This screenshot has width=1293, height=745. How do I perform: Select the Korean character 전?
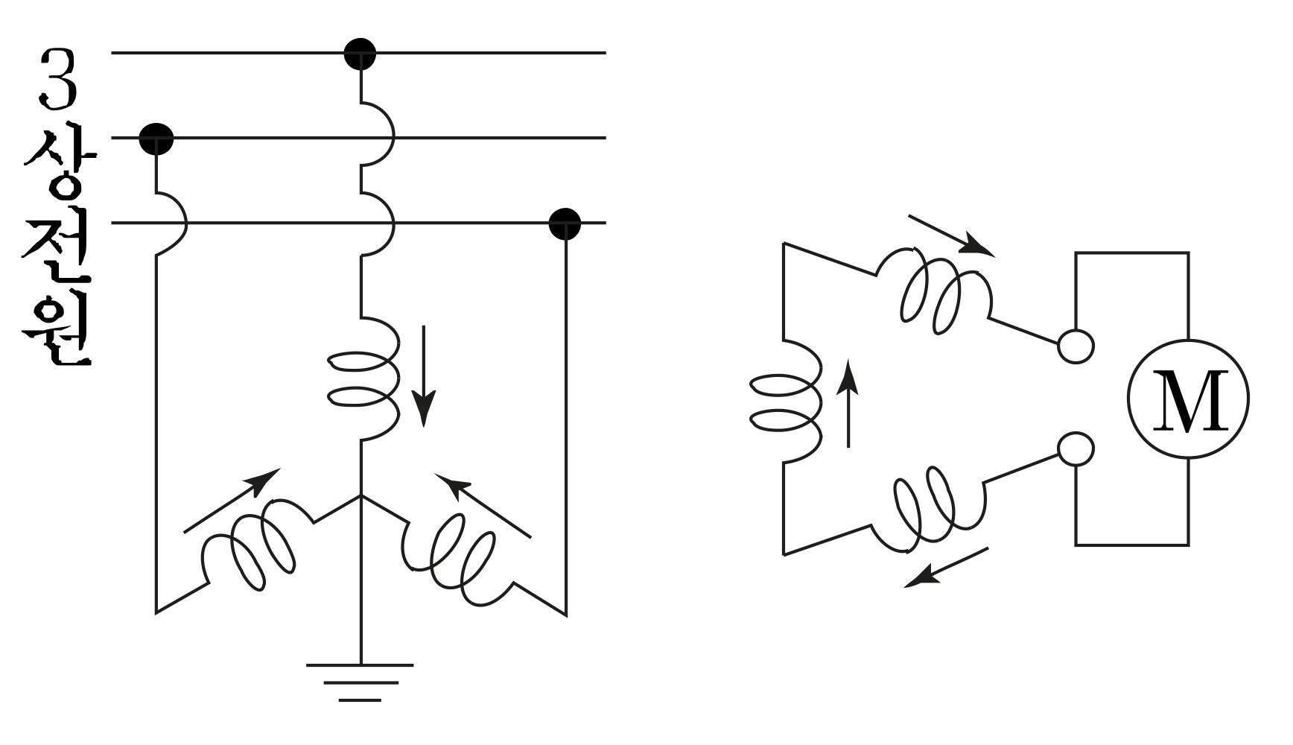pyautogui.click(x=58, y=246)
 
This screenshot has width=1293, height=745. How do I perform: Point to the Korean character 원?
pyautogui.click(x=58, y=329)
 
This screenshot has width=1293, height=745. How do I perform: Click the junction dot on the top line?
pyautogui.click(x=360, y=54)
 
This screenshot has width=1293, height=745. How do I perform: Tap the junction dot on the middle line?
pyautogui.click(x=156, y=139)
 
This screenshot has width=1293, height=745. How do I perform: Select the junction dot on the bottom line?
pyautogui.click(x=565, y=223)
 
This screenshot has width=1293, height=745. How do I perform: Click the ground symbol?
pyautogui.click(x=360, y=682)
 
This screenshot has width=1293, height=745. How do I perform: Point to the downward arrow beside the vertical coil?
pyautogui.click(x=425, y=375)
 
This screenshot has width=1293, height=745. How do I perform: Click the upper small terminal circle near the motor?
pyautogui.click(x=1076, y=346)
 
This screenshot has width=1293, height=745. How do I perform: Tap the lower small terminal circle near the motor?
pyautogui.click(x=1076, y=450)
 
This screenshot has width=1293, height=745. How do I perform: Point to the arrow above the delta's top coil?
pyautogui.click(x=951, y=235)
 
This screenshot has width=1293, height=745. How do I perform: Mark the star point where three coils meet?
pyautogui.click(x=360, y=496)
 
